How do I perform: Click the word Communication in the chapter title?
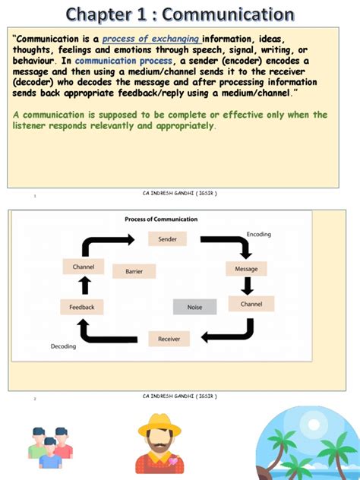[228, 14]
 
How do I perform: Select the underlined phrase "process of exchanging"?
[150, 39]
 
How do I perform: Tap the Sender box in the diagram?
[167, 239]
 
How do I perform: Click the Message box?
[246, 268]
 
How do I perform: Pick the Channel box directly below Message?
[251, 304]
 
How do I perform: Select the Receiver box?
[169, 339]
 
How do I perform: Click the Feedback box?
[82, 307]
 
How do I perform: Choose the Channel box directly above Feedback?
[83, 267]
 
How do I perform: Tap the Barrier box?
[134, 271]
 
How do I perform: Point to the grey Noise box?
[195, 307]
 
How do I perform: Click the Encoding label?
[258, 234]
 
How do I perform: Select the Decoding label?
[63, 346]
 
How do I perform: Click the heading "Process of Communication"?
[161, 219]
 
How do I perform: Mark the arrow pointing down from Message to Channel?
[247, 286]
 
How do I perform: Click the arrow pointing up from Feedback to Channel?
[85, 286]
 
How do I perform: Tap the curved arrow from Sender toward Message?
[228, 244]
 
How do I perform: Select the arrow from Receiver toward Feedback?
[106, 332]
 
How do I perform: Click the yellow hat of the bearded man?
[159, 426]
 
